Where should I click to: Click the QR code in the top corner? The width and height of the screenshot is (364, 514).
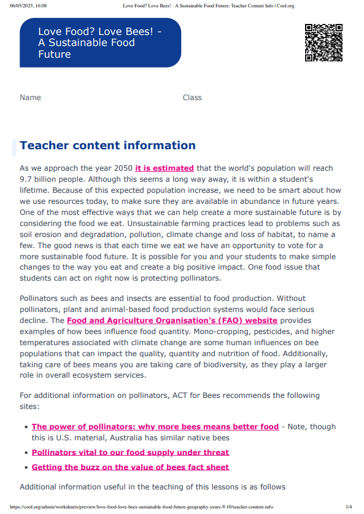click(323, 43)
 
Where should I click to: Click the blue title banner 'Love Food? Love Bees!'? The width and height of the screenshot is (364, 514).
click(100, 43)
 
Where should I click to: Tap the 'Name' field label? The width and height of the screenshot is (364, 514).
click(30, 98)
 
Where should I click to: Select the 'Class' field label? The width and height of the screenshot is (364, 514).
click(192, 98)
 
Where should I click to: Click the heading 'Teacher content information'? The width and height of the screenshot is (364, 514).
click(107, 146)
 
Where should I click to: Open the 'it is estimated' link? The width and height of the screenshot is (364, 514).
click(165, 168)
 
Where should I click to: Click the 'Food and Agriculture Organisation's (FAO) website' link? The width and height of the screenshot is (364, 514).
click(172, 321)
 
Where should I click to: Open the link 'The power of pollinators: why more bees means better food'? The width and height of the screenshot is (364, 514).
click(155, 427)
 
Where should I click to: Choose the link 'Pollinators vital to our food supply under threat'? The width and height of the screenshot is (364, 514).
click(130, 453)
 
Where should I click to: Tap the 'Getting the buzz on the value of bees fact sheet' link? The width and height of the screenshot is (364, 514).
click(130, 467)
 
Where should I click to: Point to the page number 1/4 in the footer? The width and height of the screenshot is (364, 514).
click(349, 507)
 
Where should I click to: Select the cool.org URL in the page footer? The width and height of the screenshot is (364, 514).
click(141, 507)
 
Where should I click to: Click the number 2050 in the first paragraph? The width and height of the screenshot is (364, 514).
click(121, 168)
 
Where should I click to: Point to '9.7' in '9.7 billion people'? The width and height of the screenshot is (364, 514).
click(27, 179)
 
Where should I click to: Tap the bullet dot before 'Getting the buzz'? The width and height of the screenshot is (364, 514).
click(25, 467)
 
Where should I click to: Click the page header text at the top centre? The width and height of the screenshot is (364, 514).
click(209, 6)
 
